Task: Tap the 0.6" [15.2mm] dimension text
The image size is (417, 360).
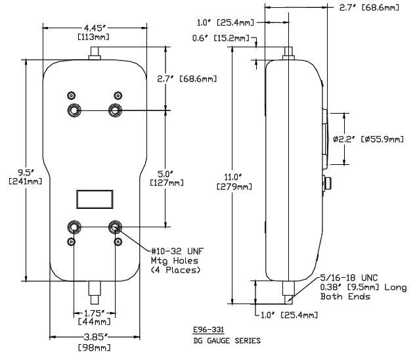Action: [x=231, y=38]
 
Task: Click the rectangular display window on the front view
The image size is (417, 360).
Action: [x=95, y=199]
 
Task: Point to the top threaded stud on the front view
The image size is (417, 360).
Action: [x=94, y=51]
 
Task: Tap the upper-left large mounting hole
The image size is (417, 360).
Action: [x=73, y=110]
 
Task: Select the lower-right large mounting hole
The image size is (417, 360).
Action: [x=116, y=227]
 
